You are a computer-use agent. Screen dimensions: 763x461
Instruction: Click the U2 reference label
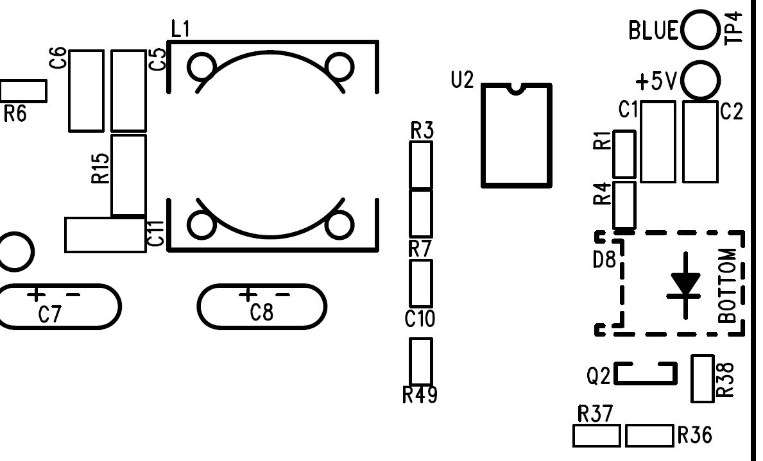point(462,80)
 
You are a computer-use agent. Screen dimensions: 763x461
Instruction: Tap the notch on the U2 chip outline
point(516,88)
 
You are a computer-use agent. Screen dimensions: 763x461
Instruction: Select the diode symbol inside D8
point(685,285)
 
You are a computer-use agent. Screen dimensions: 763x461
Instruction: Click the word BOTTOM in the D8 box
point(728,285)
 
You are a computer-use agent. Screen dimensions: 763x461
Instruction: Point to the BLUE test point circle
point(700,29)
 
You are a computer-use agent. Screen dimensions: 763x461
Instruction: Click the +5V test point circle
point(700,80)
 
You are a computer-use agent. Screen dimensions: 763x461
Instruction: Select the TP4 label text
point(734,29)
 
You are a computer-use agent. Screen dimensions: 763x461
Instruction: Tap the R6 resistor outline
point(23,91)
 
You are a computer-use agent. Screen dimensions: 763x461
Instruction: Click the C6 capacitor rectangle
point(86,90)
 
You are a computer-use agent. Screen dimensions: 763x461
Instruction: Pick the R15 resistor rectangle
point(128,174)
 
